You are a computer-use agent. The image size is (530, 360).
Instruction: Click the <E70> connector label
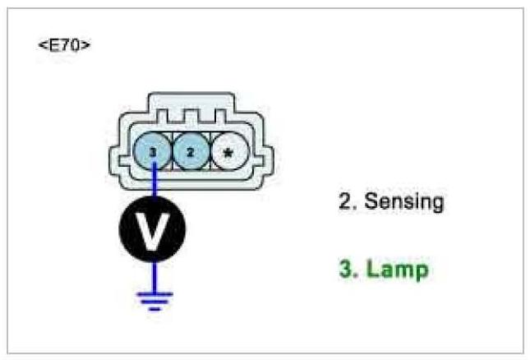(64, 44)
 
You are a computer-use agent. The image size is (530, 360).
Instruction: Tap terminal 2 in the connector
(191, 151)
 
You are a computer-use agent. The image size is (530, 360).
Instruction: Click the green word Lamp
(398, 269)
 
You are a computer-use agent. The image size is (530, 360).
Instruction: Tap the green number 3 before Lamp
(345, 269)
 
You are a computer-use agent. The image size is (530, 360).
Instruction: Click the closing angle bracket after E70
(85, 44)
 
